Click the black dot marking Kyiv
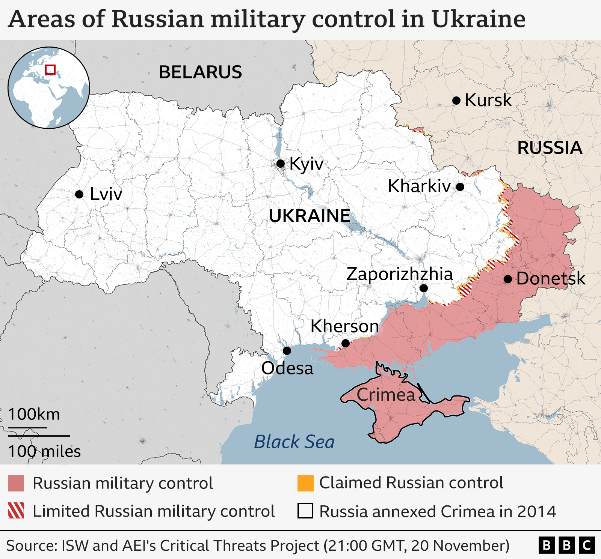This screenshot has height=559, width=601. pyautogui.click(x=280, y=164)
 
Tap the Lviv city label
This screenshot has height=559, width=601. pyautogui.click(x=106, y=194)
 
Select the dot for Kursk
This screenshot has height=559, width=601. pyautogui.click(x=456, y=101)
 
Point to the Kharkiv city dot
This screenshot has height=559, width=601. pyautogui.click(x=460, y=186)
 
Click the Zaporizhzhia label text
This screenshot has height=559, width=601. pyautogui.click(x=399, y=274)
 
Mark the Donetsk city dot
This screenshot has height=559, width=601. pyautogui.click(x=508, y=279)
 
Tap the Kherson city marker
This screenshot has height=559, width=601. pyautogui.click(x=346, y=343)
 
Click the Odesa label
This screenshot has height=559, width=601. pyautogui.click(x=287, y=368)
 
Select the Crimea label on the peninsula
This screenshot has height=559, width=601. pyautogui.click(x=386, y=395)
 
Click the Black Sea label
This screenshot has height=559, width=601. pyautogui.click(x=294, y=442)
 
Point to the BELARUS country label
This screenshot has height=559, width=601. pyautogui.click(x=200, y=72)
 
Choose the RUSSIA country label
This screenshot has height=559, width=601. pyautogui.click(x=550, y=148)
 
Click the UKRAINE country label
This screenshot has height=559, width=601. pyautogui.click(x=310, y=216)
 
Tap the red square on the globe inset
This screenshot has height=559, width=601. pyautogui.click(x=50, y=70)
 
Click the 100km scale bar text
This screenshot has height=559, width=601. pyautogui.click(x=34, y=415)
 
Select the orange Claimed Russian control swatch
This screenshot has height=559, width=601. pyautogui.click(x=305, y=483)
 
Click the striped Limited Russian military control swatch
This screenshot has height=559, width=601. pyautogui.click(x=16, y=511)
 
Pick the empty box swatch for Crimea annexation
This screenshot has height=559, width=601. pyautogui.click(x=305, y=511)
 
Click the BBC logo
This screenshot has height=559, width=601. pyautogui.click(x=566, y=545)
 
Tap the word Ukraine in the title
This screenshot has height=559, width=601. pyautogui.click(x=478, y=19)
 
